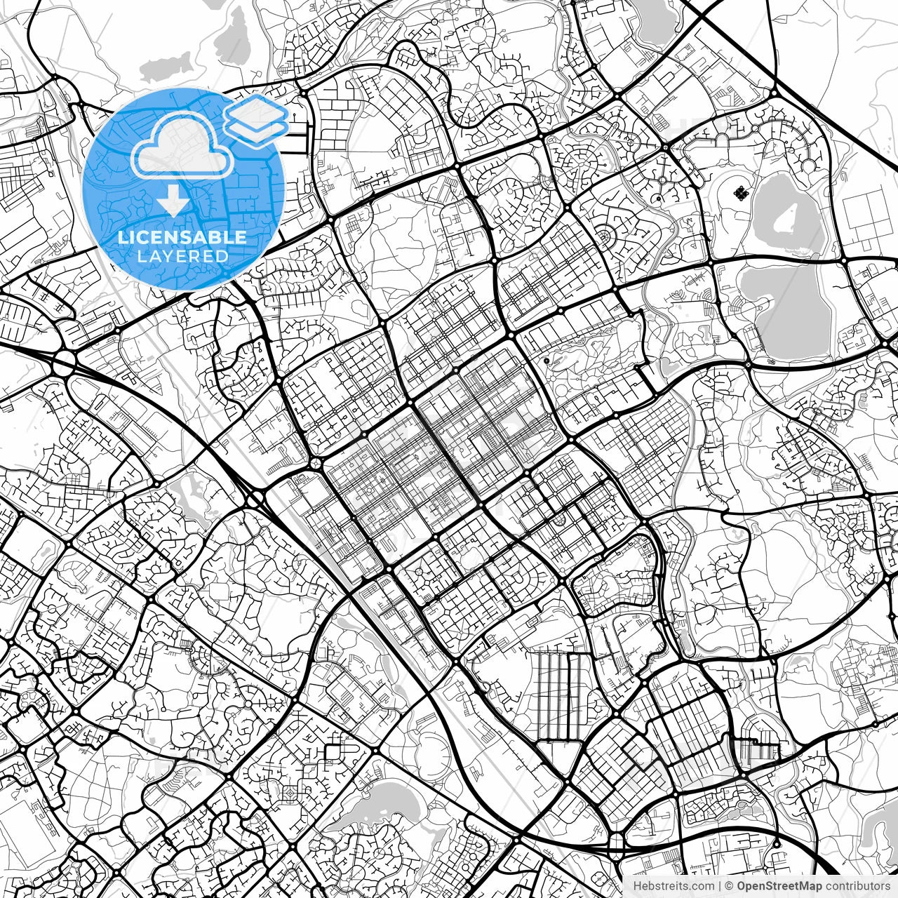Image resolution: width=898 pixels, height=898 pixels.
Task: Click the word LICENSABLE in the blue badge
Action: (182, 237)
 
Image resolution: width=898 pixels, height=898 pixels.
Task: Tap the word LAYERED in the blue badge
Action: (182, 257)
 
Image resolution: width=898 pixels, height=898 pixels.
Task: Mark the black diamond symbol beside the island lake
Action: (738, 192)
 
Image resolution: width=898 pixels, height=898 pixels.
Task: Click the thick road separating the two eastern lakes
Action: (779, 260)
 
